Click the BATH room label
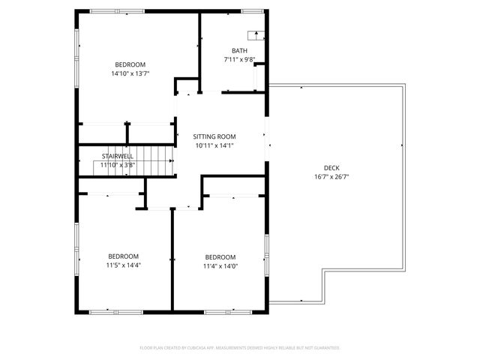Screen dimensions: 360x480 coord(239,51)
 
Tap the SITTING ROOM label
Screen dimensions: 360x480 coord(214,136)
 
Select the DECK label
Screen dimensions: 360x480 coord(331,167)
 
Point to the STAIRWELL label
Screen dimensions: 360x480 coord(118,156)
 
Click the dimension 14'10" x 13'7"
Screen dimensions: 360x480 coord(130,73)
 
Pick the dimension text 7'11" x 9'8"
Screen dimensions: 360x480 coord(239,60)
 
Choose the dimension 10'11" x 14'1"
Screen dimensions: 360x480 coord(214,145)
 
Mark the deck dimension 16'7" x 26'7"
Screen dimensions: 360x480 coord(331,177)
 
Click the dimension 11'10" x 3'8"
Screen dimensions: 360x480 coord(118,164)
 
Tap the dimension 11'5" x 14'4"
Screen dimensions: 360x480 coord(124,265)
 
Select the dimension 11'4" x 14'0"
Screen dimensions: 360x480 coord(220,265)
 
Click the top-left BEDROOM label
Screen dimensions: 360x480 coord(130,64)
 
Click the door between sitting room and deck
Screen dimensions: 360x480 coord(266,139)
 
